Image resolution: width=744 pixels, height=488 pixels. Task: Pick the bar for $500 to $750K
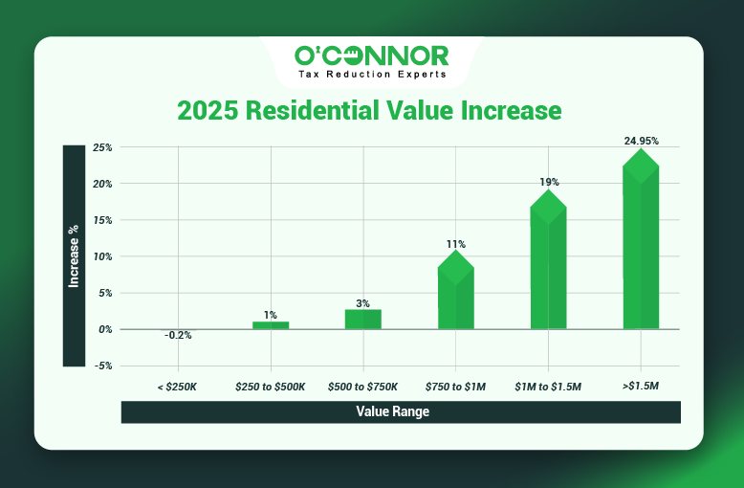pos(362,319)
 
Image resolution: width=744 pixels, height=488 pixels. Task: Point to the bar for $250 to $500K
pos(271,325)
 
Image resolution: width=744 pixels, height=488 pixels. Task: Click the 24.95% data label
pos(641,141)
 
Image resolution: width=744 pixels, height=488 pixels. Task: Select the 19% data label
pos(549,182)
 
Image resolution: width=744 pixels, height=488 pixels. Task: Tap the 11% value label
pos(456,244)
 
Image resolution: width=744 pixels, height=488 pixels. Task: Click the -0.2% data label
pos(177,336)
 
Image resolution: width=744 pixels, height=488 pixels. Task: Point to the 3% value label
pos(362,303)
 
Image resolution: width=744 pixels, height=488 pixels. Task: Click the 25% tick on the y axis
pos(103,148)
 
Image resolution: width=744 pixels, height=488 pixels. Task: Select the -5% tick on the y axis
pos(103,366)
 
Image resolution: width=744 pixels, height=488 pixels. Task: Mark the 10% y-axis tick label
pos(103,256)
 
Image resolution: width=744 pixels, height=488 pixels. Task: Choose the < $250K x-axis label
pos(178,387)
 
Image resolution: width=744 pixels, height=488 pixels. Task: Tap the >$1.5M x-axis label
pos(641,387)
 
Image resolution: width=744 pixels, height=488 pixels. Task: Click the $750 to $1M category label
pos(455,387)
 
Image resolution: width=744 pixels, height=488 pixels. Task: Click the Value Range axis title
pos(400,411)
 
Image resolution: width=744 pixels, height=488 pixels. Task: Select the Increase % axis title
pos(74,255)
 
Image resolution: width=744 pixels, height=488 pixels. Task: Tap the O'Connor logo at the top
pos(371,60)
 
